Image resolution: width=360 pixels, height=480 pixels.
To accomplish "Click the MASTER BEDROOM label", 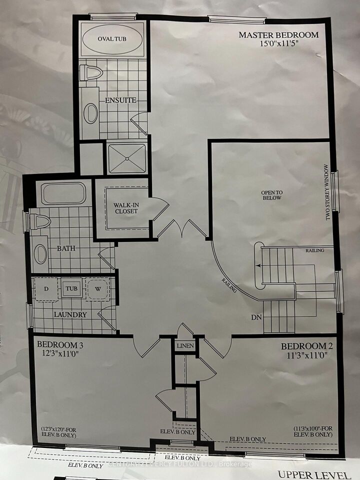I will pos(278,35).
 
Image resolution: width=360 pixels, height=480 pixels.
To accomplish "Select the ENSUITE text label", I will pos(120,100).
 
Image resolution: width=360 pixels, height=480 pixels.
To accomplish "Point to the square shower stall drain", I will pos(126,158).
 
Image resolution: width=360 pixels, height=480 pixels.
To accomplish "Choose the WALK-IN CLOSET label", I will pos(125,207).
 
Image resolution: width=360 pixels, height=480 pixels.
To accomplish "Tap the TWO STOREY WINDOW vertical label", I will pos(328,192).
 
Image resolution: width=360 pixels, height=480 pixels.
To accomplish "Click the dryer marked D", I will pos(46,288).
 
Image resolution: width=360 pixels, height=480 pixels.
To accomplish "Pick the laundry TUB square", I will pos(72,289).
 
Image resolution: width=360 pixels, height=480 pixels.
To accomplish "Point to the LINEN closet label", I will pos(184,346).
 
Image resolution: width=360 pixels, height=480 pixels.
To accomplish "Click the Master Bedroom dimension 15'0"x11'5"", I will pos(278,44).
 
